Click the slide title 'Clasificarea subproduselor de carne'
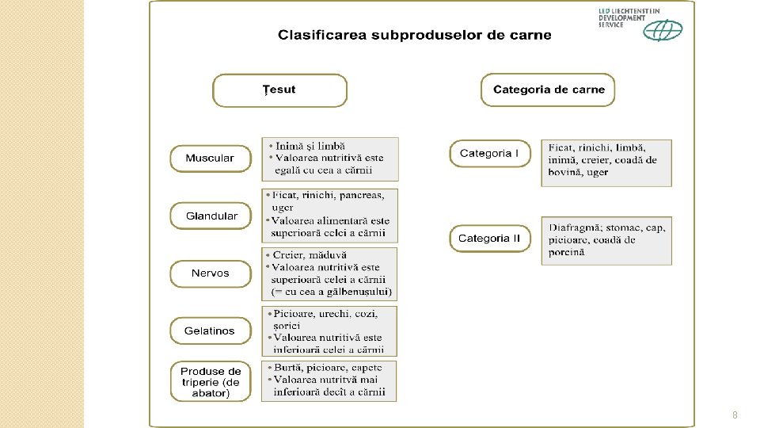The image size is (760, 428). coord(414,35)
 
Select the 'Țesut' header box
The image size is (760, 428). coord(279,90)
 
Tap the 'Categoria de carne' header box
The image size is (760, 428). coord(548,90)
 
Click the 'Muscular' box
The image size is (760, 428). coord(210,159)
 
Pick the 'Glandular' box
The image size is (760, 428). coord(211,216)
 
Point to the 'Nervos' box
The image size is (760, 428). coord(210,273)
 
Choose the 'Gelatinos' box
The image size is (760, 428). coord(210,331)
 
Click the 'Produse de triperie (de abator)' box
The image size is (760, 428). coord(211,382)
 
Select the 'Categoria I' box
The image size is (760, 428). coord(489,154)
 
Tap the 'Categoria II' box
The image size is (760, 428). coord(489,239)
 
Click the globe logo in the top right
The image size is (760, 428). coord(663,30)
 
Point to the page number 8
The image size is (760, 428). coord(735,415)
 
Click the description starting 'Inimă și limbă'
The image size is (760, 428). coord(330,159)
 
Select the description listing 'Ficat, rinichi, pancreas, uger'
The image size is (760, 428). coord(330,215)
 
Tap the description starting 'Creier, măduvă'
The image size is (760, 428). coord(330,273)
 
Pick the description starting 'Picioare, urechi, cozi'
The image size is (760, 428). coord(330,331)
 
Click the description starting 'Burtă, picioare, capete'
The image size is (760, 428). coord(330,380)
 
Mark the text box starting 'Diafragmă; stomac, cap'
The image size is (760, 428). coord(606,240)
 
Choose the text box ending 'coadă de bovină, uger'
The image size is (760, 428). coord(606,162)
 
